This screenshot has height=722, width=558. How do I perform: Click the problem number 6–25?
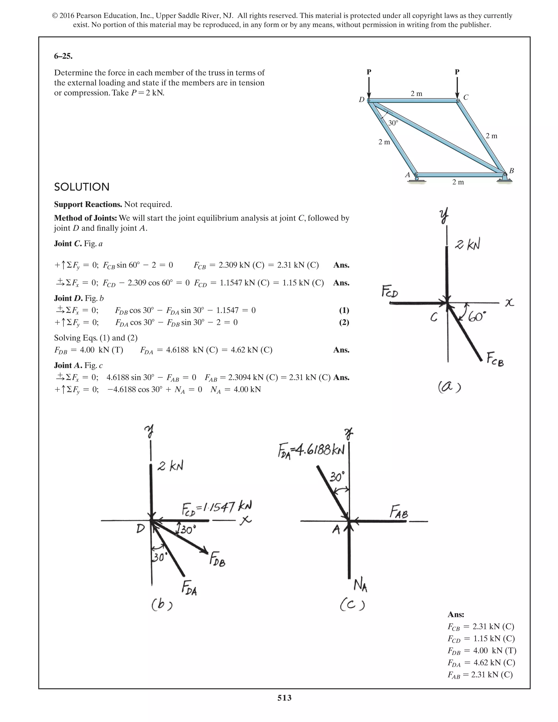(x=63, y=56)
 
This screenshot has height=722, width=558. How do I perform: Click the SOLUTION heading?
(x=82, y=187)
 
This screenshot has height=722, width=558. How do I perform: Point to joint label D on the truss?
(x=362, y=99)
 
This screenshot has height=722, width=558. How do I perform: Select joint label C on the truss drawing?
(x=466, y=97)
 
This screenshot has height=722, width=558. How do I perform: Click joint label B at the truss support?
(x=511, y=171)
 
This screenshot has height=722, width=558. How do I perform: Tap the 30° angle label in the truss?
(x=393, y=123)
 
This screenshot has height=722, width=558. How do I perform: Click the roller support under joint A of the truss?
(x=417, y=179)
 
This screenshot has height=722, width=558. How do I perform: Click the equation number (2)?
(x=344, y=322)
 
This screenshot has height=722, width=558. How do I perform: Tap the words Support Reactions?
(x=88, y=204)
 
